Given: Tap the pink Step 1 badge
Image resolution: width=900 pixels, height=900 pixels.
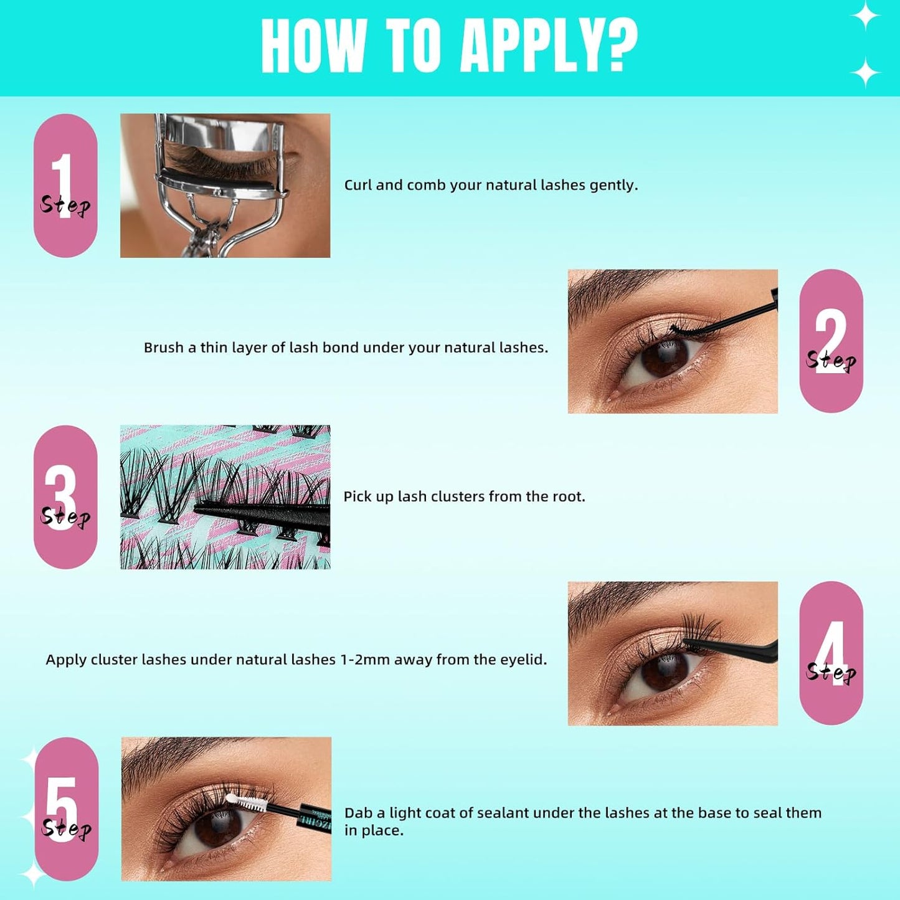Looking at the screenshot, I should point(65,186).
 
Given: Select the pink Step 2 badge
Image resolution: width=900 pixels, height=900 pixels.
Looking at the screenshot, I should point(831,341).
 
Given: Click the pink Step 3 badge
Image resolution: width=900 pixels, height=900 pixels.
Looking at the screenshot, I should point(65,497).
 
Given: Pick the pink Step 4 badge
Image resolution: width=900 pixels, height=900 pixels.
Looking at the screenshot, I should point(831,653).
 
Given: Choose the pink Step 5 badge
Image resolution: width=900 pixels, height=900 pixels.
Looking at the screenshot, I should point(66,809).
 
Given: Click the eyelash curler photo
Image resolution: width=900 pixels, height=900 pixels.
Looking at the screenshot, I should point(225,186).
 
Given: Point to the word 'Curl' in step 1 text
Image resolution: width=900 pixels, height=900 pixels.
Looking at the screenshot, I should point(357,185).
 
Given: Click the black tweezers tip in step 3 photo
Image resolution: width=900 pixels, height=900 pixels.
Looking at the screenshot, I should point(206,509).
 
